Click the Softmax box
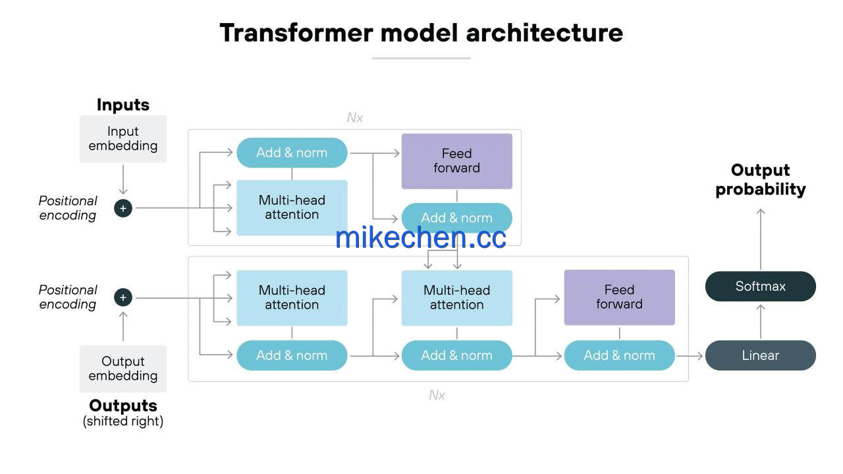[760, 286]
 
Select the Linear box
[760, 355]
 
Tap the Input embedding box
[123, 138]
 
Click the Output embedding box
[123, 369]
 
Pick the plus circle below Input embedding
[123, 208]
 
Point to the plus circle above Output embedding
[123, 298]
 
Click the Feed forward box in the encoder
[457, 161]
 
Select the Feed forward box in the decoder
[620, 297]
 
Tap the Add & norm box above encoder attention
[292, 152]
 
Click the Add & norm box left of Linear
[620, 355]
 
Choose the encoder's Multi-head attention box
[292, 208]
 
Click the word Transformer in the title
[296, 33]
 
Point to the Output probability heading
[760, 180]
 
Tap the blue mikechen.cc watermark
[421, 238]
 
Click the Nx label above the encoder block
[354, 118]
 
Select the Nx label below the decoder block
[437, 396]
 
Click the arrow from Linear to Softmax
[761, 322]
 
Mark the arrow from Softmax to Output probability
[761, 239]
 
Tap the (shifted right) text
[123, 421]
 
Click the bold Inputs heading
[123, 105]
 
